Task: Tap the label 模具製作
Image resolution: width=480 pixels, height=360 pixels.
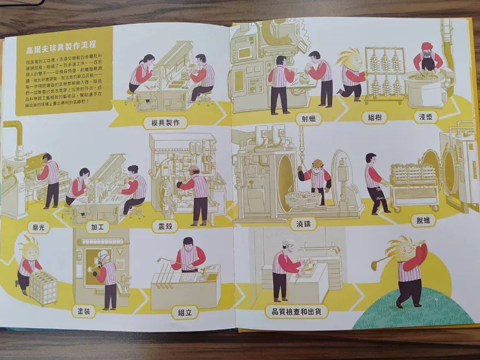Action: pyautogui.click(x=167, y=122)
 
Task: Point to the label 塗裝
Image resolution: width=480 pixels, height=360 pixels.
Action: pyautogui.click(x=86, y=311)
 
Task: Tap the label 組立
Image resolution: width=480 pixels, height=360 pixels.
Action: pyautogui.click(x=185, y=312)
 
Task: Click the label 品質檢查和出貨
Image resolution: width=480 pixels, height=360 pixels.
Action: pyautogui.click(x=297, y=311)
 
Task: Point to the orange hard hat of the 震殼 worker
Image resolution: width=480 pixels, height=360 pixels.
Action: pyautogui.click(x=194, y=169)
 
